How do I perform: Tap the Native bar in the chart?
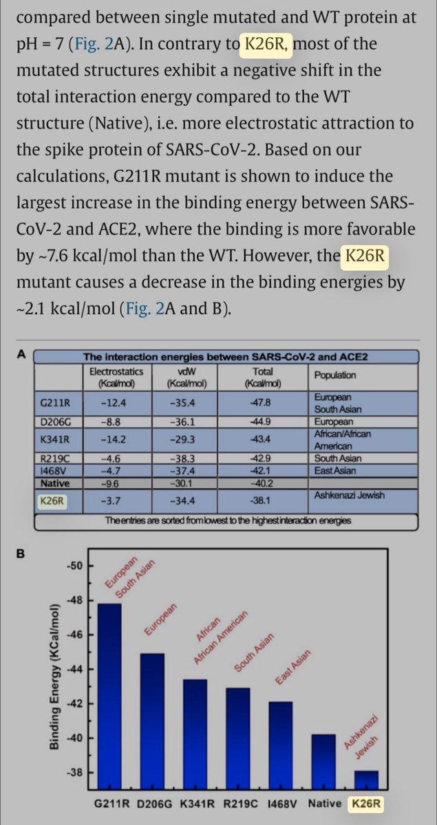point(323,760)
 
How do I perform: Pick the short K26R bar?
point(366,780)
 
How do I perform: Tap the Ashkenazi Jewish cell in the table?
point(348,494)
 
